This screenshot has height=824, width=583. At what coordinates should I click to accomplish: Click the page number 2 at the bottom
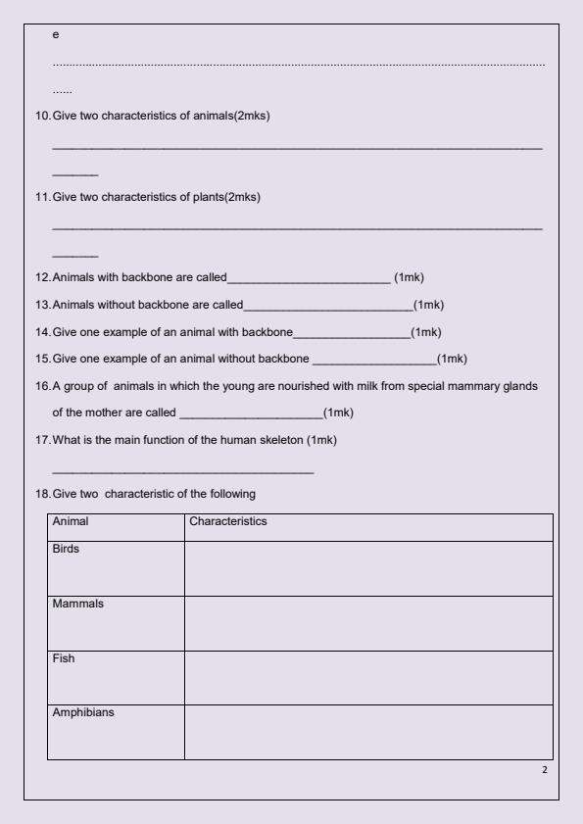[545, 769]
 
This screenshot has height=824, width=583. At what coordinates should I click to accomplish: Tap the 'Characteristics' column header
[227, 522]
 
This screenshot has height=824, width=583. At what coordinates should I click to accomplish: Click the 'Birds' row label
[66, 549]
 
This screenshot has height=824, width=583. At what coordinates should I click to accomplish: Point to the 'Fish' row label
[63, 658]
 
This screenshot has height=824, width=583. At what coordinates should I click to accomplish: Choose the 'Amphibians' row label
[83, 712]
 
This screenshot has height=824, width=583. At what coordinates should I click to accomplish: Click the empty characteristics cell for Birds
[367, 568]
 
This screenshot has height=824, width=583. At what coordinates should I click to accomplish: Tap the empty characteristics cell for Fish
[367, 677]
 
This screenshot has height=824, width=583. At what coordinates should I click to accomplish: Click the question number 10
[42, 117]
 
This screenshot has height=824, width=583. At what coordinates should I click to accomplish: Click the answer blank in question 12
[309, 278]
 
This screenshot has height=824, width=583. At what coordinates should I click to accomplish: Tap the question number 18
[42, 493]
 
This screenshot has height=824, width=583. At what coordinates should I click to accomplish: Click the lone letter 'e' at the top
[55, 34]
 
